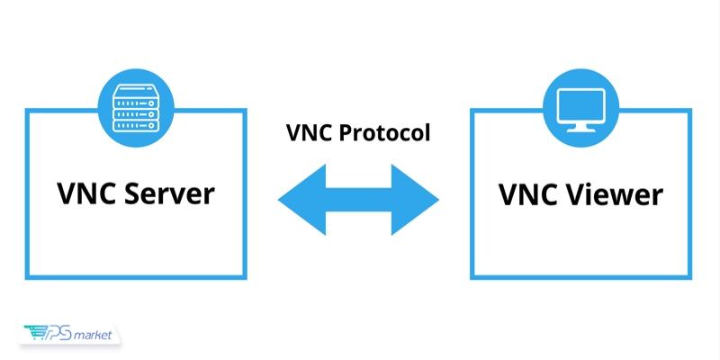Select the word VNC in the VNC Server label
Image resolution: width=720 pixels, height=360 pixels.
(85, 193)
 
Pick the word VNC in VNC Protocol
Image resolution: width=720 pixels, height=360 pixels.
(307, 133)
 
